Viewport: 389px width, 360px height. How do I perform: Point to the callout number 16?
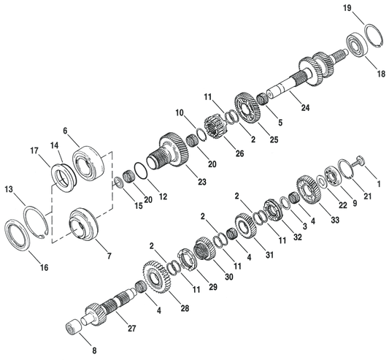(x=44, y=268)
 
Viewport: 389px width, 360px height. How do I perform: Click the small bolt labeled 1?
(x=361, y=162)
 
